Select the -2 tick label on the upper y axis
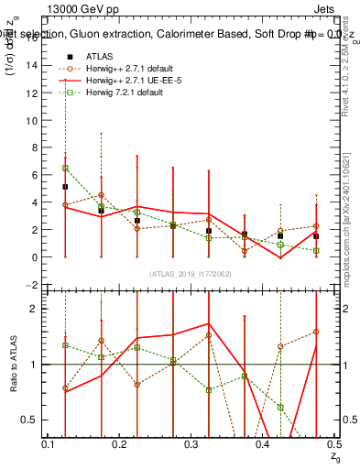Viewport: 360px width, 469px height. (32, 285)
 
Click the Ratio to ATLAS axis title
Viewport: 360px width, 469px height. (14, 365)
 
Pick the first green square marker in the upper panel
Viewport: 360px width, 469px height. (65, 169)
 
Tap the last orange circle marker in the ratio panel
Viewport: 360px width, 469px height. (316, 332)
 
